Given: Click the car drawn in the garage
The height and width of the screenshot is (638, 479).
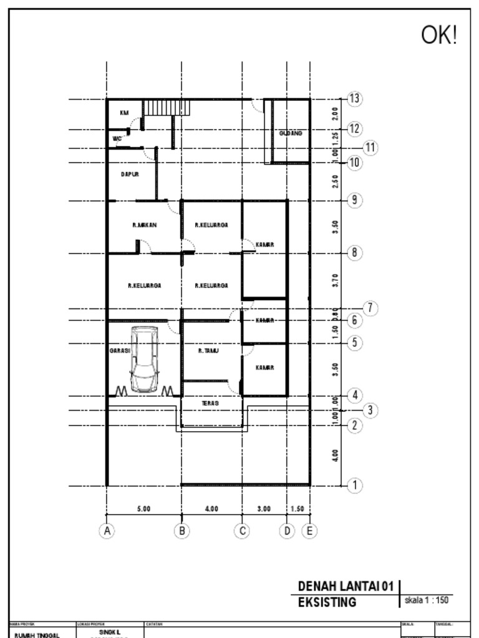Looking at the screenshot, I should click(x=144, y=360).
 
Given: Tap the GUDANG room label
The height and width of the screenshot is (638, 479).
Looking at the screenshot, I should click(x=291, y=133).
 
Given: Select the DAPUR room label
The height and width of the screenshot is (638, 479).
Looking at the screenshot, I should click(x=130, y=174).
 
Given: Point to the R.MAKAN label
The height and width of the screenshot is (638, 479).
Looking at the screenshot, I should click(x=144, y=225).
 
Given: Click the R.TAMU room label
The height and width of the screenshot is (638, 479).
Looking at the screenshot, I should click(x=208, y=351).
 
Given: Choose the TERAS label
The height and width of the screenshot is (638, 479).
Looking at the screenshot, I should click(x=210, y=404).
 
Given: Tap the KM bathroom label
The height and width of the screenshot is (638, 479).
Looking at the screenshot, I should click(x=124, y=113).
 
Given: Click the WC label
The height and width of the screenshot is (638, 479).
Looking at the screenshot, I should click(x=117, y=138).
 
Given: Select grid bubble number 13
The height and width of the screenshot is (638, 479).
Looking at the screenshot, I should click(x=354, y=98).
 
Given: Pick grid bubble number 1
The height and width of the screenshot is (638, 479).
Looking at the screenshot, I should click(x=354, y=485).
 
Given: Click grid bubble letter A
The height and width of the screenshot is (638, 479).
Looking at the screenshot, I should click(x=107, y=531).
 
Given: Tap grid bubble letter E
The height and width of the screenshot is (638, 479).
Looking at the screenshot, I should click(x=309, y=531).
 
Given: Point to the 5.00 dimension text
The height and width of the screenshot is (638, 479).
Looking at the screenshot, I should click(x=143, y=509).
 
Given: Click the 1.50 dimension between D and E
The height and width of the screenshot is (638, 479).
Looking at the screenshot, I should click(x=297, y=509).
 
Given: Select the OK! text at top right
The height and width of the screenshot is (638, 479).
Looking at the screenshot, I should click(x=439, y=36).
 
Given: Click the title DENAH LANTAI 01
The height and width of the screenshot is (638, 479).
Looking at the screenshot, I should click(x=346, y=586).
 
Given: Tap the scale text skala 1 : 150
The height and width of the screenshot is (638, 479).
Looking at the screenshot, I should click(x=427, y=600).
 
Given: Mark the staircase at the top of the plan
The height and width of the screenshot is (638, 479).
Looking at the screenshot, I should click(x=167, y=108).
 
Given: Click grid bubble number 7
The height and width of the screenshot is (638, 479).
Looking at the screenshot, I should click(x=370, y=308).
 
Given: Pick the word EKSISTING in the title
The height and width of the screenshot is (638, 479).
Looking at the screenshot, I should click(x=327, y=602).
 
